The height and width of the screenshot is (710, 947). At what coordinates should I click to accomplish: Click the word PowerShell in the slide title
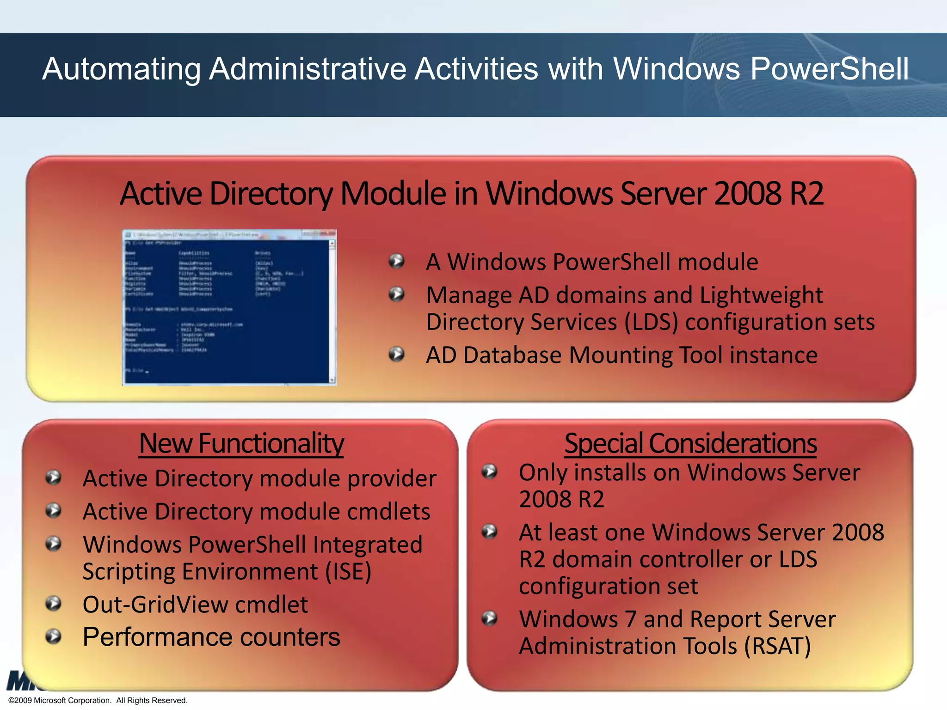(x=829, y=69)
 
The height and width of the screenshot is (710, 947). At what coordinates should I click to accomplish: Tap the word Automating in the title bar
(x=121, y=69)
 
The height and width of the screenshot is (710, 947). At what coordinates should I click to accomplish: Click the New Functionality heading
(x=241, y=443)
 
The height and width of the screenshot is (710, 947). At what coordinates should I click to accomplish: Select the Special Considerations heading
(x=690, y=443)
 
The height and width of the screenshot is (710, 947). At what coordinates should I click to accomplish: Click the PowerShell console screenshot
(x=229, y=307)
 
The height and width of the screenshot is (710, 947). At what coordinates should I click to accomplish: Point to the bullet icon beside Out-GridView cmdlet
(x=54, y=603)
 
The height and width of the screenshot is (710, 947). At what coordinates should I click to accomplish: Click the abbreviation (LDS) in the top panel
(x=651, y=322)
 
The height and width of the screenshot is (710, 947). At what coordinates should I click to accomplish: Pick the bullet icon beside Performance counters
(x=54, y=637)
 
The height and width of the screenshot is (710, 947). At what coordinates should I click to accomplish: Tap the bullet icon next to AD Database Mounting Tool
(x=397, y=355)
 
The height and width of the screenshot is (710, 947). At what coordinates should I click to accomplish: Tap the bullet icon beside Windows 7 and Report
(x=489, y=618)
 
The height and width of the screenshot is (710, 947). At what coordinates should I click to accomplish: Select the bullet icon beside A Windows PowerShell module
(x=397, y=261)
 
